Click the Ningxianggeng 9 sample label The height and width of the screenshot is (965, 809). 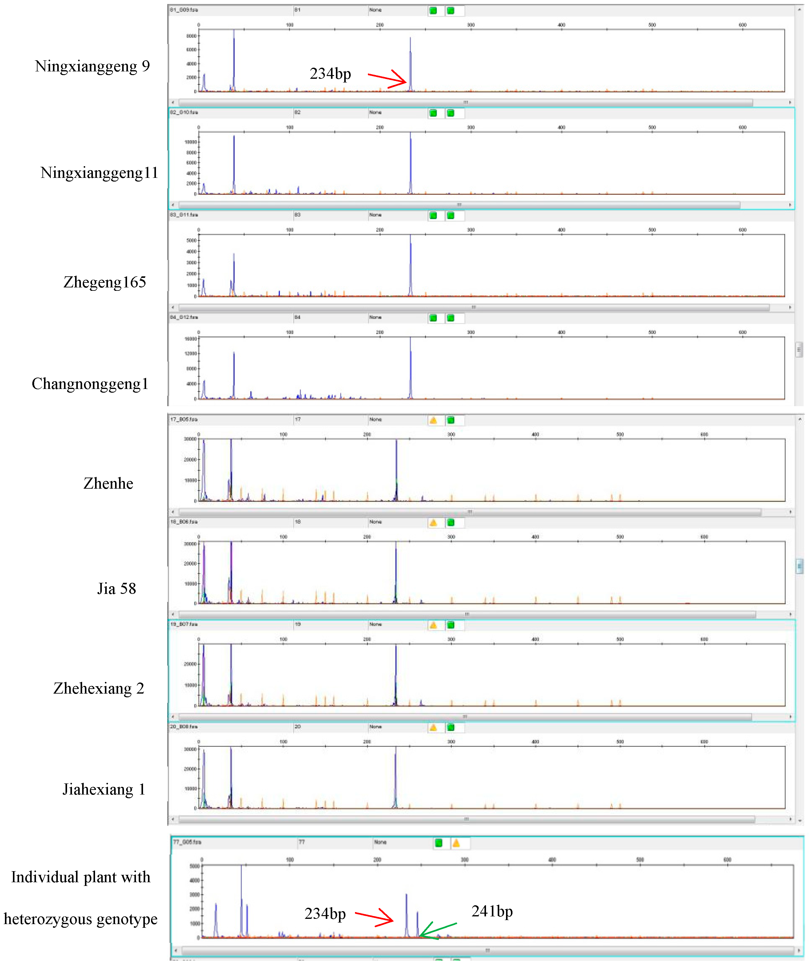coord(92,67)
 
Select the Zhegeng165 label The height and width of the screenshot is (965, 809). coord(105,282)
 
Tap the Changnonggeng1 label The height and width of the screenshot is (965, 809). coord(90,384)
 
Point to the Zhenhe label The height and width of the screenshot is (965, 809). coord(108,483)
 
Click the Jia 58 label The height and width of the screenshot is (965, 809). coord(117,589)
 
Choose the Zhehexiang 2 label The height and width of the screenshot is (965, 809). coord(99,688)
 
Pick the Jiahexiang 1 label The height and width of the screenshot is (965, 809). coord(104,790)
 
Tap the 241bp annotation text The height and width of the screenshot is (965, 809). coord(492,911)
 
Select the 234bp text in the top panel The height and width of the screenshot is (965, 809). coord(330,74)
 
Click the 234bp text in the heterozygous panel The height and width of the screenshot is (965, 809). coord(325,914)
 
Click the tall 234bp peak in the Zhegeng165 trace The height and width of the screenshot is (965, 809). coord(411,266)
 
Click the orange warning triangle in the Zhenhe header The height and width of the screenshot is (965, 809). coord(433,420)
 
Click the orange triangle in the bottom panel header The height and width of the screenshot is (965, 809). coord(456,843)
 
